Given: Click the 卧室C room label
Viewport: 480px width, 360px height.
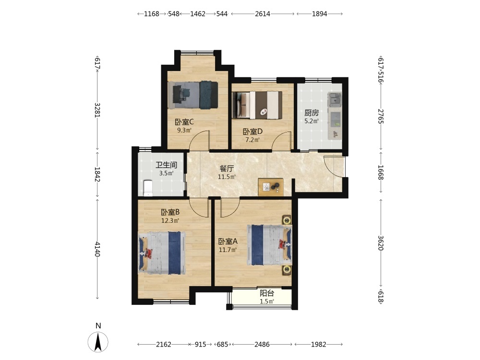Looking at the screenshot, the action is [x=184, y=122].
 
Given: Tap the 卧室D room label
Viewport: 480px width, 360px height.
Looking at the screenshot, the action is [x=252, y=132].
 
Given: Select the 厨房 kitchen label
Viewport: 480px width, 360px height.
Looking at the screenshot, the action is [x=312, y=113].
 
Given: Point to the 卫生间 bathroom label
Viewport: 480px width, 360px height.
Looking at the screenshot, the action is [x=166, y=165].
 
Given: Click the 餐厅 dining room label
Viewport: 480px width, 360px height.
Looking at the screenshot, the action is [x=227, y=168].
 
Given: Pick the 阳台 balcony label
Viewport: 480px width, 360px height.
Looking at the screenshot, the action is [x=266, y=293].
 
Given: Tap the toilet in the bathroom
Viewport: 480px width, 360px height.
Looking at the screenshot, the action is [x=148, y=188].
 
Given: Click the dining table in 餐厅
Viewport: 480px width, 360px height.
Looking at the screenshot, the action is [x=271, y=187].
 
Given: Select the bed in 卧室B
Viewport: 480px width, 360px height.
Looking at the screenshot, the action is [x=162, y=253].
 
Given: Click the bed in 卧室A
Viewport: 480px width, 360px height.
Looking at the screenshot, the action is [x=269, y=245].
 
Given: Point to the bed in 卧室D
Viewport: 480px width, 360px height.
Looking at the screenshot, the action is [x=257, y=105].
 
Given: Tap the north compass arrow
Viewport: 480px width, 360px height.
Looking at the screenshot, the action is [x=98, y=342].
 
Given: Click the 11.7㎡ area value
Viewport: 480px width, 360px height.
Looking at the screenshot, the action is [x=228, y=250].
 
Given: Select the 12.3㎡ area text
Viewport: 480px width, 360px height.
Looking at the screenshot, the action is [x=170, y=220].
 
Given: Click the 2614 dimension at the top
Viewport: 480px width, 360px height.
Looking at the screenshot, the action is [x=263, y=14].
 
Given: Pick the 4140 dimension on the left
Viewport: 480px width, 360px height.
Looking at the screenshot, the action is [x=97, y=249].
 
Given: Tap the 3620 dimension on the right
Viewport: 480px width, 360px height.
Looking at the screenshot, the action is [x=381, y=243].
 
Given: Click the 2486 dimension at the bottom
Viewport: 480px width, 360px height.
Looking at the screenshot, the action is [x=262, y=344].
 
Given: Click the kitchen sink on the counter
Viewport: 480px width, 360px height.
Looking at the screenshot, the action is [x=335, y=99].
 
